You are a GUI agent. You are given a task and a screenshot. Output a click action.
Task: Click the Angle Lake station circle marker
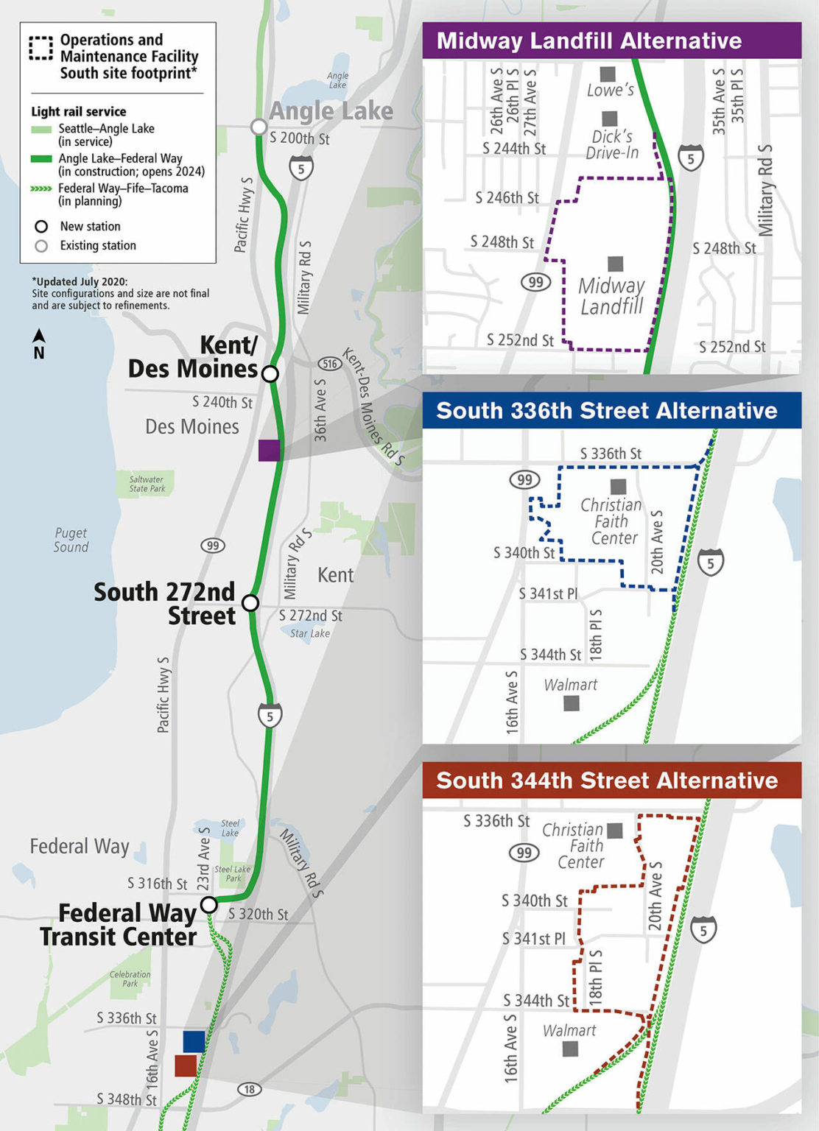[x=259, y=127]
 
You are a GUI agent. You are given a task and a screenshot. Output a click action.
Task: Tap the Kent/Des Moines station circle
[x=270, y=374]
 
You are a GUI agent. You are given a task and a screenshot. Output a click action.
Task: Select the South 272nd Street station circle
[x=250, y=603]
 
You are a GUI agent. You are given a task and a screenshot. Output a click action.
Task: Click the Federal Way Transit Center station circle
[x=209, y=904]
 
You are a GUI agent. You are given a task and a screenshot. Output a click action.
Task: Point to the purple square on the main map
[x=269, y=450]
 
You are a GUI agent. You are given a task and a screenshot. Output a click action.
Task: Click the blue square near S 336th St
[x=194, y=1041]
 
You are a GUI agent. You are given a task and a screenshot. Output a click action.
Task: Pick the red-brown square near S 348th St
[x=185, y=1065]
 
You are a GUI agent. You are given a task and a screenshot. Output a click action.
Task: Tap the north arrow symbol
[x=39, y=343]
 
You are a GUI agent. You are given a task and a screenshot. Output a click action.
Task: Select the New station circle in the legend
[x=41, y=227]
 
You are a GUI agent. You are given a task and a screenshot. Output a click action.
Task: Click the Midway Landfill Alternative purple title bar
[x=611, y=40]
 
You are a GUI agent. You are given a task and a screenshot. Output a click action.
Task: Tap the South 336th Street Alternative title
[x=606, y=411]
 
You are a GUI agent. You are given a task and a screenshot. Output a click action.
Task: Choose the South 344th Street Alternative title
[x=606, y=781]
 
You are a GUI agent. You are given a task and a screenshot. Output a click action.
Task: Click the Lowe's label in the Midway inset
[x=610, y=90]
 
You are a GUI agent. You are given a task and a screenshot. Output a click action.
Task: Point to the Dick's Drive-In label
[x=612, y=144]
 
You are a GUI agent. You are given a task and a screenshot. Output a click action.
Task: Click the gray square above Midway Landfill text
[x=615, y=264]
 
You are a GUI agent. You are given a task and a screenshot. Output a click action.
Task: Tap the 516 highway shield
[x=329, y=364]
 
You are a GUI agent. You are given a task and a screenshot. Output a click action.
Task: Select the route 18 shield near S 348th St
[x=249, y=1089]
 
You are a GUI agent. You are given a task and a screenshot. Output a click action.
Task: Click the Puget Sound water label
[x=71, y=540]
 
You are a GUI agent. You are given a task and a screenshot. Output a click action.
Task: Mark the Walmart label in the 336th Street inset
[x=570, y=685]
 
